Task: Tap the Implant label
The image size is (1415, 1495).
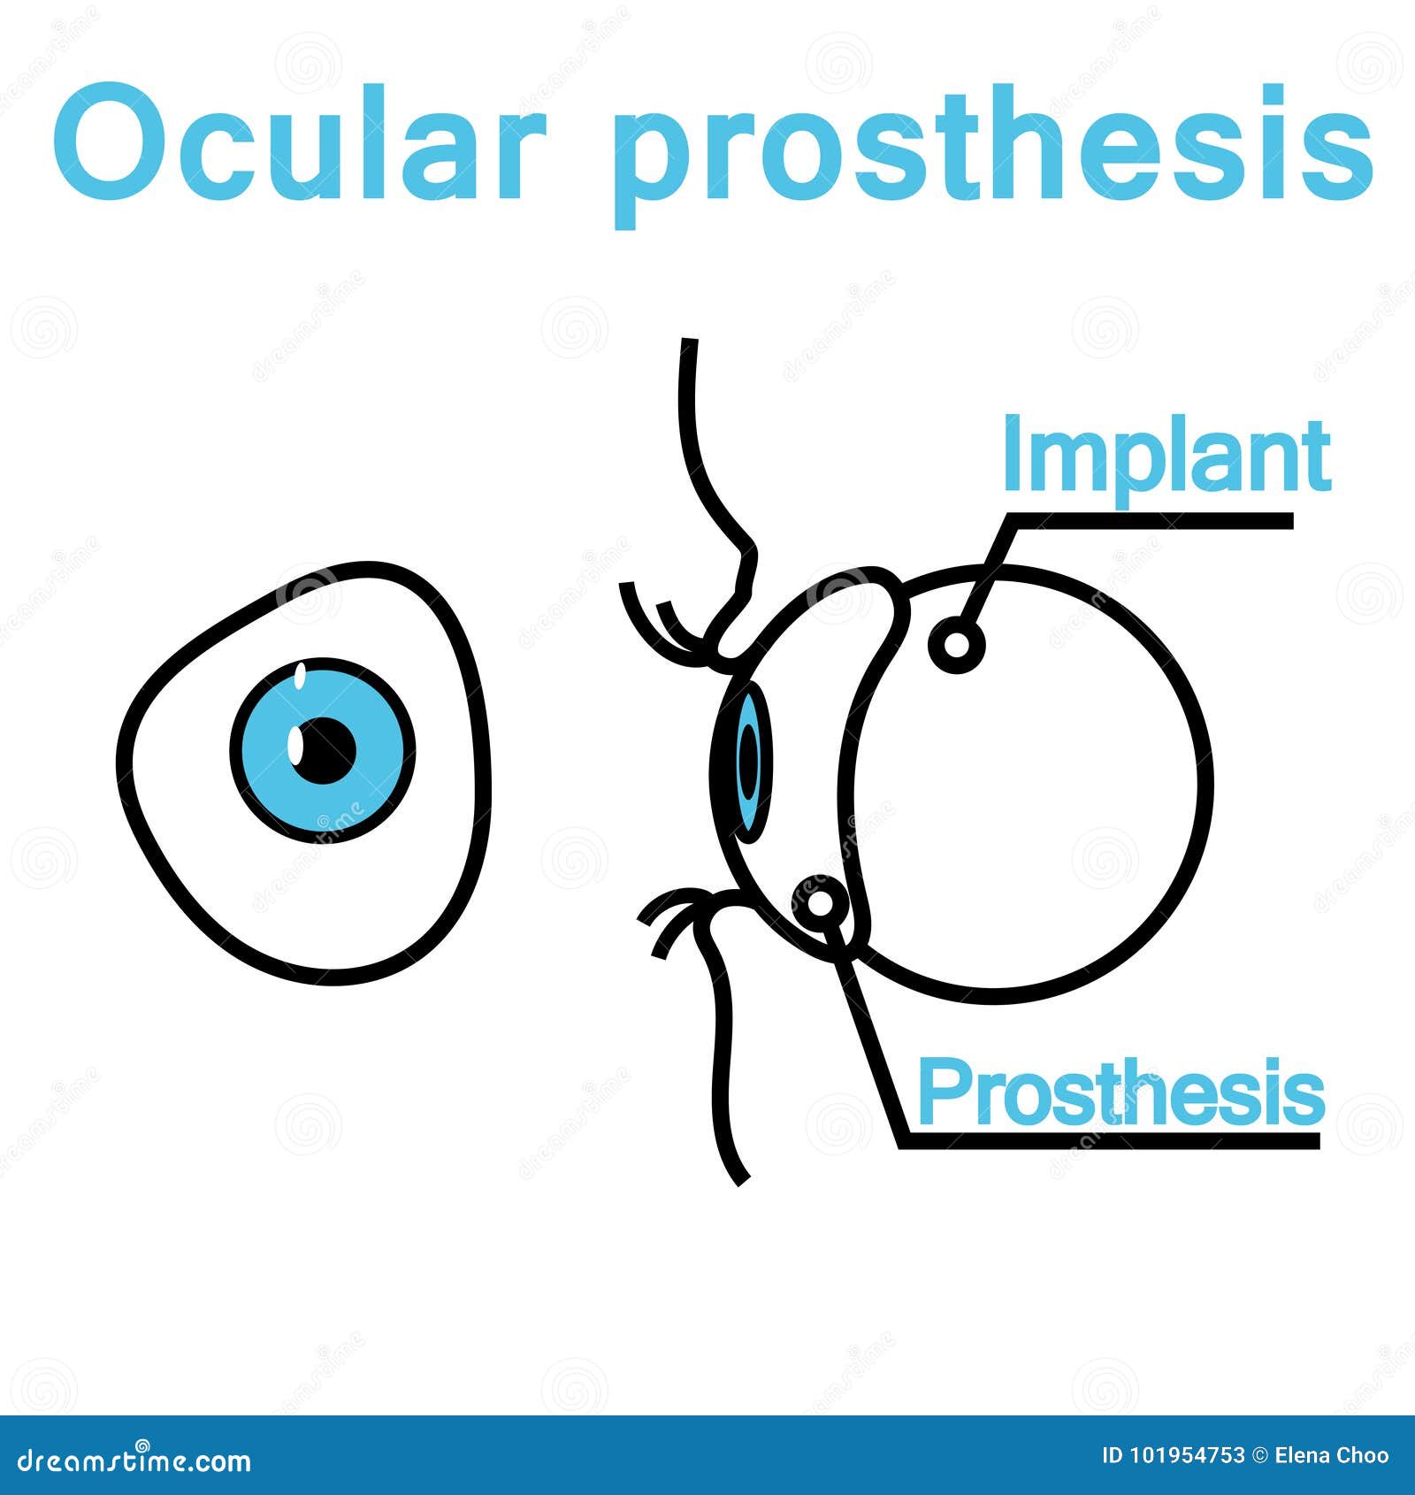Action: (x=1166, y=456)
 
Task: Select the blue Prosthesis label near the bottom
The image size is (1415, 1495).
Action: (x=1121, y=1092)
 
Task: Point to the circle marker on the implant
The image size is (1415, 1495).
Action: (x=957, y=644)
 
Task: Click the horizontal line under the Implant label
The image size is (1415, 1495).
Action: (x=1150, y=521)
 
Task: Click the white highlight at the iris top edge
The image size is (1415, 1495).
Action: (x=300, y=678)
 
